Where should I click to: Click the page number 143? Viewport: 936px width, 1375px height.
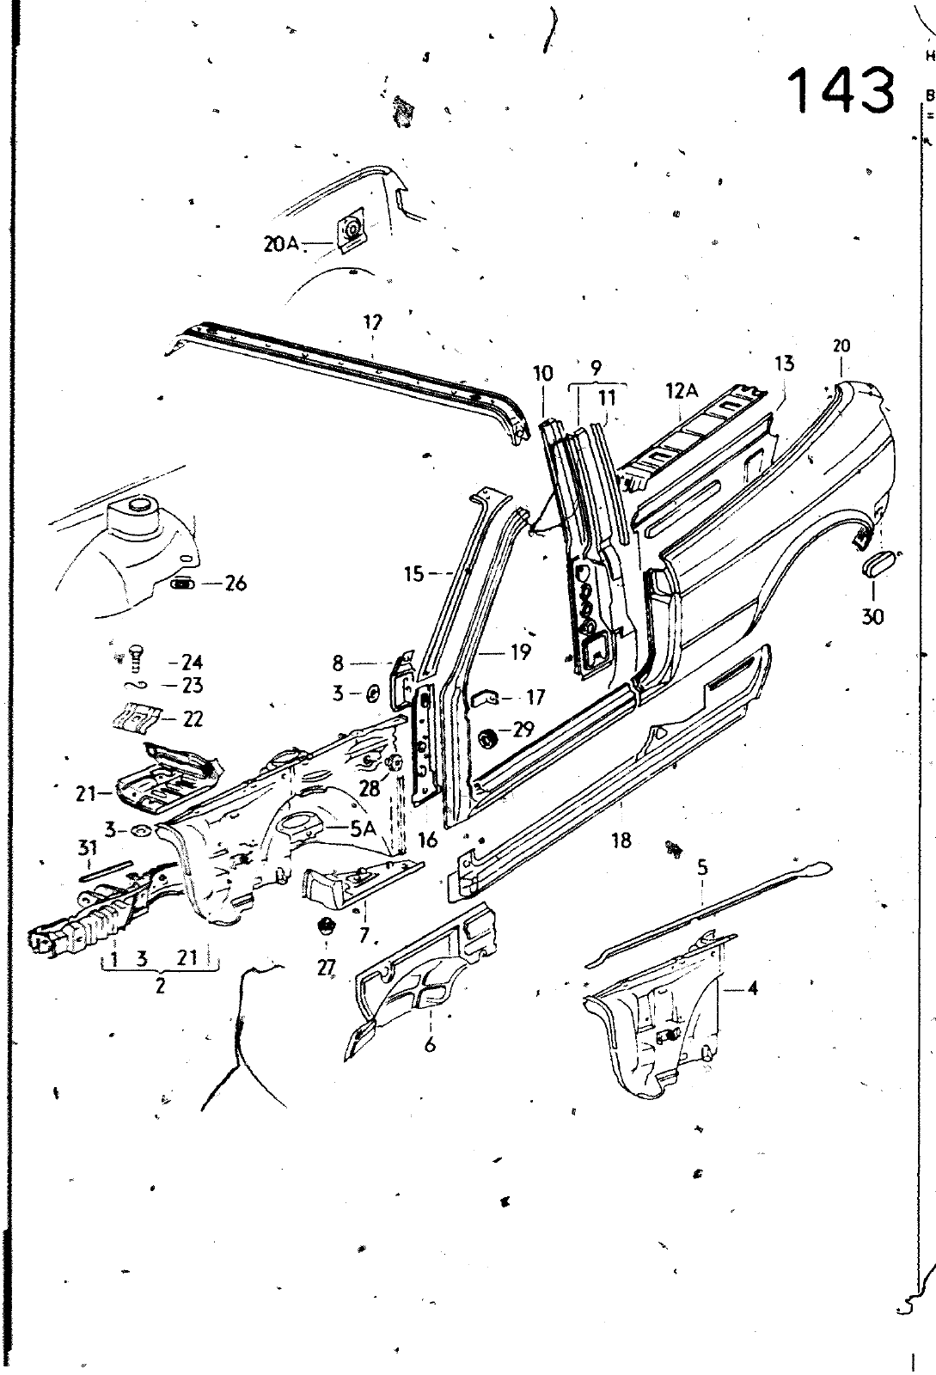pos(841,90)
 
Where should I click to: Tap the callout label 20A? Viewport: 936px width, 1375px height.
pos(281,244)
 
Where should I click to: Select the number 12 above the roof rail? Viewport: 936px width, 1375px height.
pos(372,322)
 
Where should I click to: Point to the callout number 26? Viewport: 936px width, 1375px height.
pos(235,584)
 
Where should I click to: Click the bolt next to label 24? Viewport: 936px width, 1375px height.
pos(135,658)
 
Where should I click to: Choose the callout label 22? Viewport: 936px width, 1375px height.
pos(193,718)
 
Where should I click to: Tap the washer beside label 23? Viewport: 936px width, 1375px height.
pos(138,685)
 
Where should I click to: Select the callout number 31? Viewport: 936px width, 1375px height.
pos(87,849)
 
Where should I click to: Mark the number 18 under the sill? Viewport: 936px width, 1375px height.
pos(621,840)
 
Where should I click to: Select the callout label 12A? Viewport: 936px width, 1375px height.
pos(680,391)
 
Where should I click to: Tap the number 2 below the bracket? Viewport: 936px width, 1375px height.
pos(160,987)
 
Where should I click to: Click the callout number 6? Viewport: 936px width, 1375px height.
pos(430,1044)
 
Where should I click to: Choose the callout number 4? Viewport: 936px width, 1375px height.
pos(752,987)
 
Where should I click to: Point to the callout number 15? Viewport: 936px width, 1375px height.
pos(414,573)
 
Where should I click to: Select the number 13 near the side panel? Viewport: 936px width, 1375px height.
pos(784,364)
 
